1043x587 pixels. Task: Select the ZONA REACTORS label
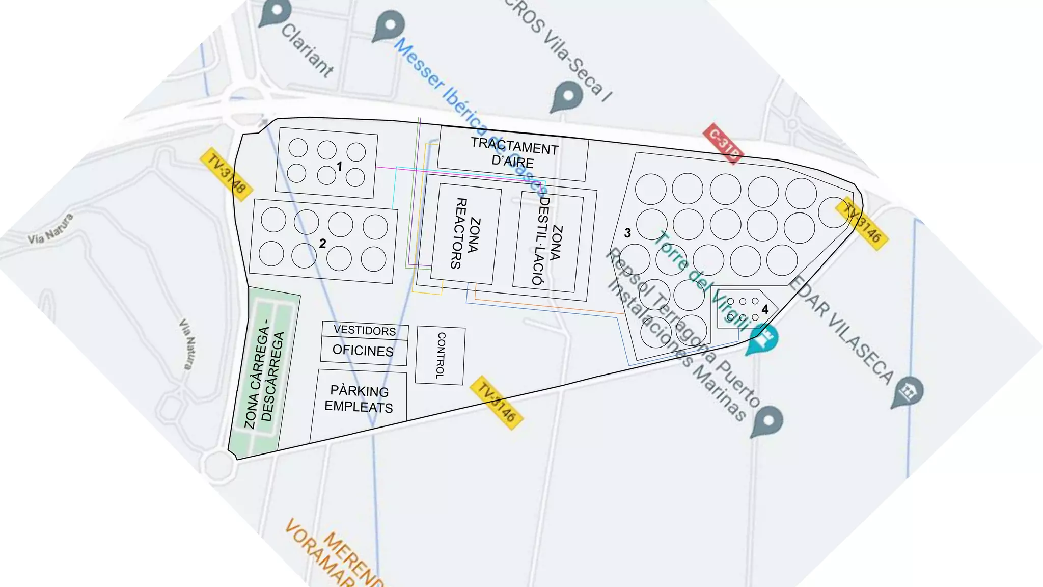(x=466, y=233)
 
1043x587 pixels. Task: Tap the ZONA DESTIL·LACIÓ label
(x=548, y=241)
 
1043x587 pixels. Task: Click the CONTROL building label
(x=441, y=355)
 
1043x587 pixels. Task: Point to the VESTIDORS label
(x=365, y=330)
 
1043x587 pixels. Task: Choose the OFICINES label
(x=363, y=351)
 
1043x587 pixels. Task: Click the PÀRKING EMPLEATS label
(x=359, y=399)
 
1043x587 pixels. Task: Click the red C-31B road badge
(x=723, y=144)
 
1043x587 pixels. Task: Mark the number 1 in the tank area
(x=339, y=166)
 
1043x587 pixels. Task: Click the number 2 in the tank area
(x=322, y=244)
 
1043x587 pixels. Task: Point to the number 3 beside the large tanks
(x=627, y=233)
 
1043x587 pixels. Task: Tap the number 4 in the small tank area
(x=764, y=309)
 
